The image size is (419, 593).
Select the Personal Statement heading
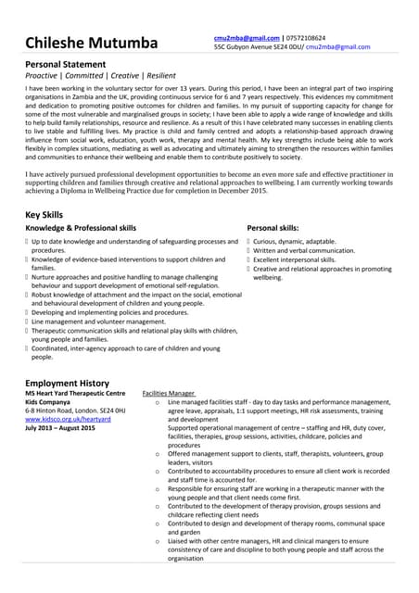tap(70, 63)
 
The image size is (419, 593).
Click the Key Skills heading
tap(44, 214)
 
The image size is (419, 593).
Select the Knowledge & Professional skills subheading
tap(81, 227)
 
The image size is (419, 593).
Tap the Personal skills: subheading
tap(273, 227)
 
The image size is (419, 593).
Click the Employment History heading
tap(67, 383)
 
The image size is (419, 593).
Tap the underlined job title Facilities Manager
tap(168, 394)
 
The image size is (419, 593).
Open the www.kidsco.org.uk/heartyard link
tap(68, 420)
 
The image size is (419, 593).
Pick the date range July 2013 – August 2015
tap(60, 428)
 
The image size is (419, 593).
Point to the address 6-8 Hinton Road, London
tap(70, 411)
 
